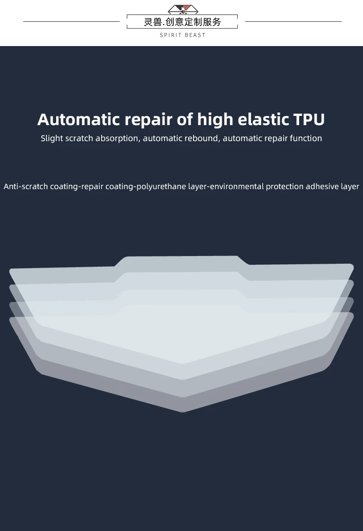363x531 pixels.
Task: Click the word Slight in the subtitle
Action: [x=52, y=138]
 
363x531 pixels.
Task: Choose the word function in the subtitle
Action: [x=306, y=138]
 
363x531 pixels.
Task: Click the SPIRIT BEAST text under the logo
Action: [x=182, y=35]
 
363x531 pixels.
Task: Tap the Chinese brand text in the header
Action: [x=182, y=22]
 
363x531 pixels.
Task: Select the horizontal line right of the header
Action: [x=293, y=21]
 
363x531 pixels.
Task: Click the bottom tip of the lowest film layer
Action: [x=182, y=410]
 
